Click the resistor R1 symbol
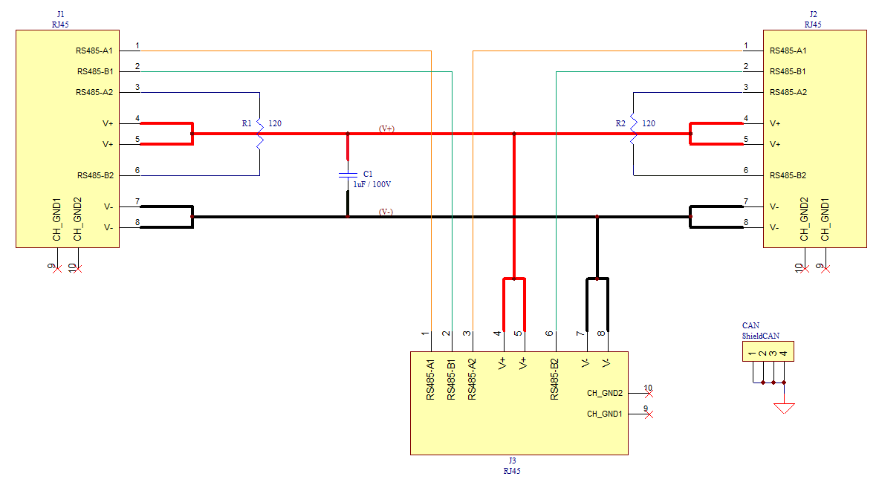pos(259,134)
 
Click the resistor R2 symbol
pos(633,134)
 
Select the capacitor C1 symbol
pos(347,175)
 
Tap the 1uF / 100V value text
pos(372,184)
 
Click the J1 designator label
pos(60,14)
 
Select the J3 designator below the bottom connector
pos(512,461)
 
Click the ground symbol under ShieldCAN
pos(784,408)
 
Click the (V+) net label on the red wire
pos(386,128)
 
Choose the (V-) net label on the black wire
pos(386,212)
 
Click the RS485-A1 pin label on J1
pos(94,51)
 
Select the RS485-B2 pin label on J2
pos(788,176)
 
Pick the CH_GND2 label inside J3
pos(604,393)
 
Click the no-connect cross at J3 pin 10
pos(649,394)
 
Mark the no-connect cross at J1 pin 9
pos(58,268)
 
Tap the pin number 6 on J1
pos(137,170)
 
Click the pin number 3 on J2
pos(745,88)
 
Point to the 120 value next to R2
pos(649,123)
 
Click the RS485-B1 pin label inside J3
pos(451,380)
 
